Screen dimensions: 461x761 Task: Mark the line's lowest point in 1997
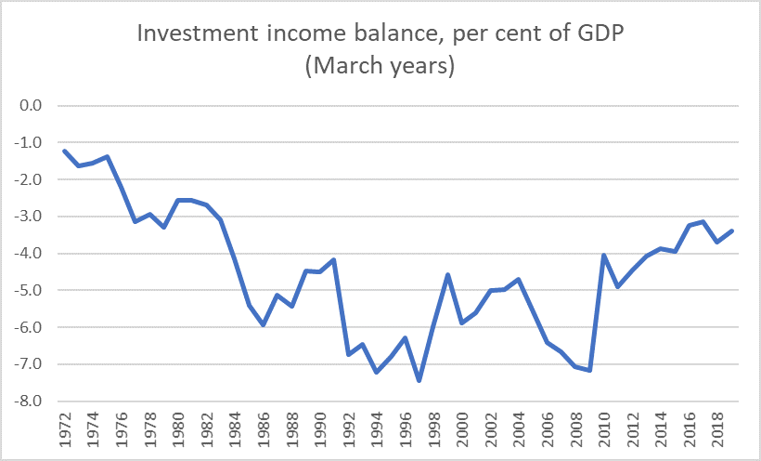pyautogui.click(x=419, y=381)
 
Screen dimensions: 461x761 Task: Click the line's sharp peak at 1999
pyautogui.click(x=447, y=274)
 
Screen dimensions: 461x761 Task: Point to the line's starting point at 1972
pyautogui.click(x=65, y=151)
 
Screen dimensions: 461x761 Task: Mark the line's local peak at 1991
pyautogui.click(x=334, y=259)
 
